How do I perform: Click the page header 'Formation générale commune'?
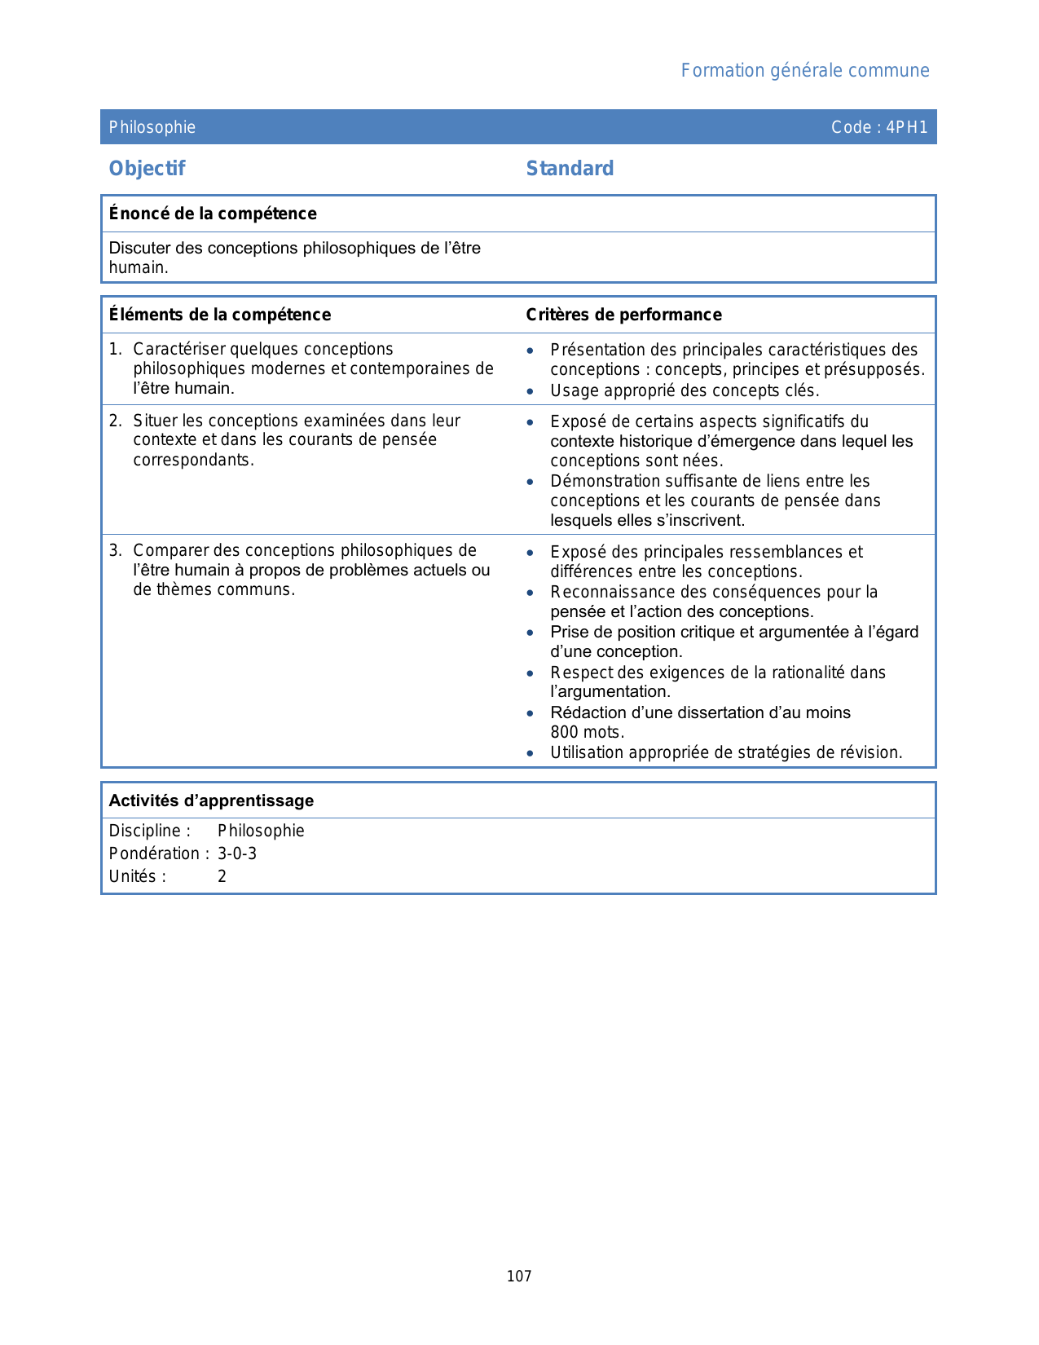click(804, 71)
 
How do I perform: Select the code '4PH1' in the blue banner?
click(907, 127)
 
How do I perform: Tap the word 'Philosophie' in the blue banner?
click(152, 127)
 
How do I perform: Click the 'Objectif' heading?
click(147, 169)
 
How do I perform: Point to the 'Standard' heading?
click(570, 169)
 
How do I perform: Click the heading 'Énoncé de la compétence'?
click(213, 214)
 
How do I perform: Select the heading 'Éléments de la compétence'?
click(220, 315)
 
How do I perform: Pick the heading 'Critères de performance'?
click(623, 315)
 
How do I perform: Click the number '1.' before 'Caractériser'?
click(116, 350)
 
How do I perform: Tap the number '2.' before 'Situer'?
click(116, 421)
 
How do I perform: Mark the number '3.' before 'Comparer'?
click(116, 551)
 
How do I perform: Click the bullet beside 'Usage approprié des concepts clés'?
click(531, 391)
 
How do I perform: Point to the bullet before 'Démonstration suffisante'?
click(531, 482)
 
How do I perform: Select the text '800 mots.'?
click(587, 732)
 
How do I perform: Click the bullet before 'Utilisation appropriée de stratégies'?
click(531, 753)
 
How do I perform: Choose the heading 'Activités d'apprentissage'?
click(211, 800)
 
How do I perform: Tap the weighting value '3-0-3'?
click(237, 853)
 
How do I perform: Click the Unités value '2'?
click(222, 876)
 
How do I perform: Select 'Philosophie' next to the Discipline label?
click(261, 831)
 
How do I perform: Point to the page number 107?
click(519, 1277)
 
